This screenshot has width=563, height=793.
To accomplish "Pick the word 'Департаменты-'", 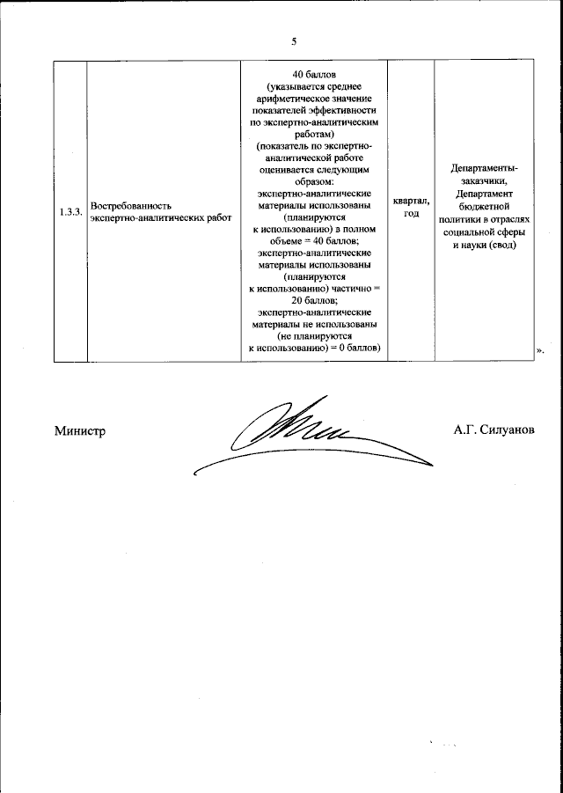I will [484, 168].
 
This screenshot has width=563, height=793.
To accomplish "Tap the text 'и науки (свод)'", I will [484, 246].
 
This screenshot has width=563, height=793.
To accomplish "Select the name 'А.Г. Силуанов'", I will [494, 430].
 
